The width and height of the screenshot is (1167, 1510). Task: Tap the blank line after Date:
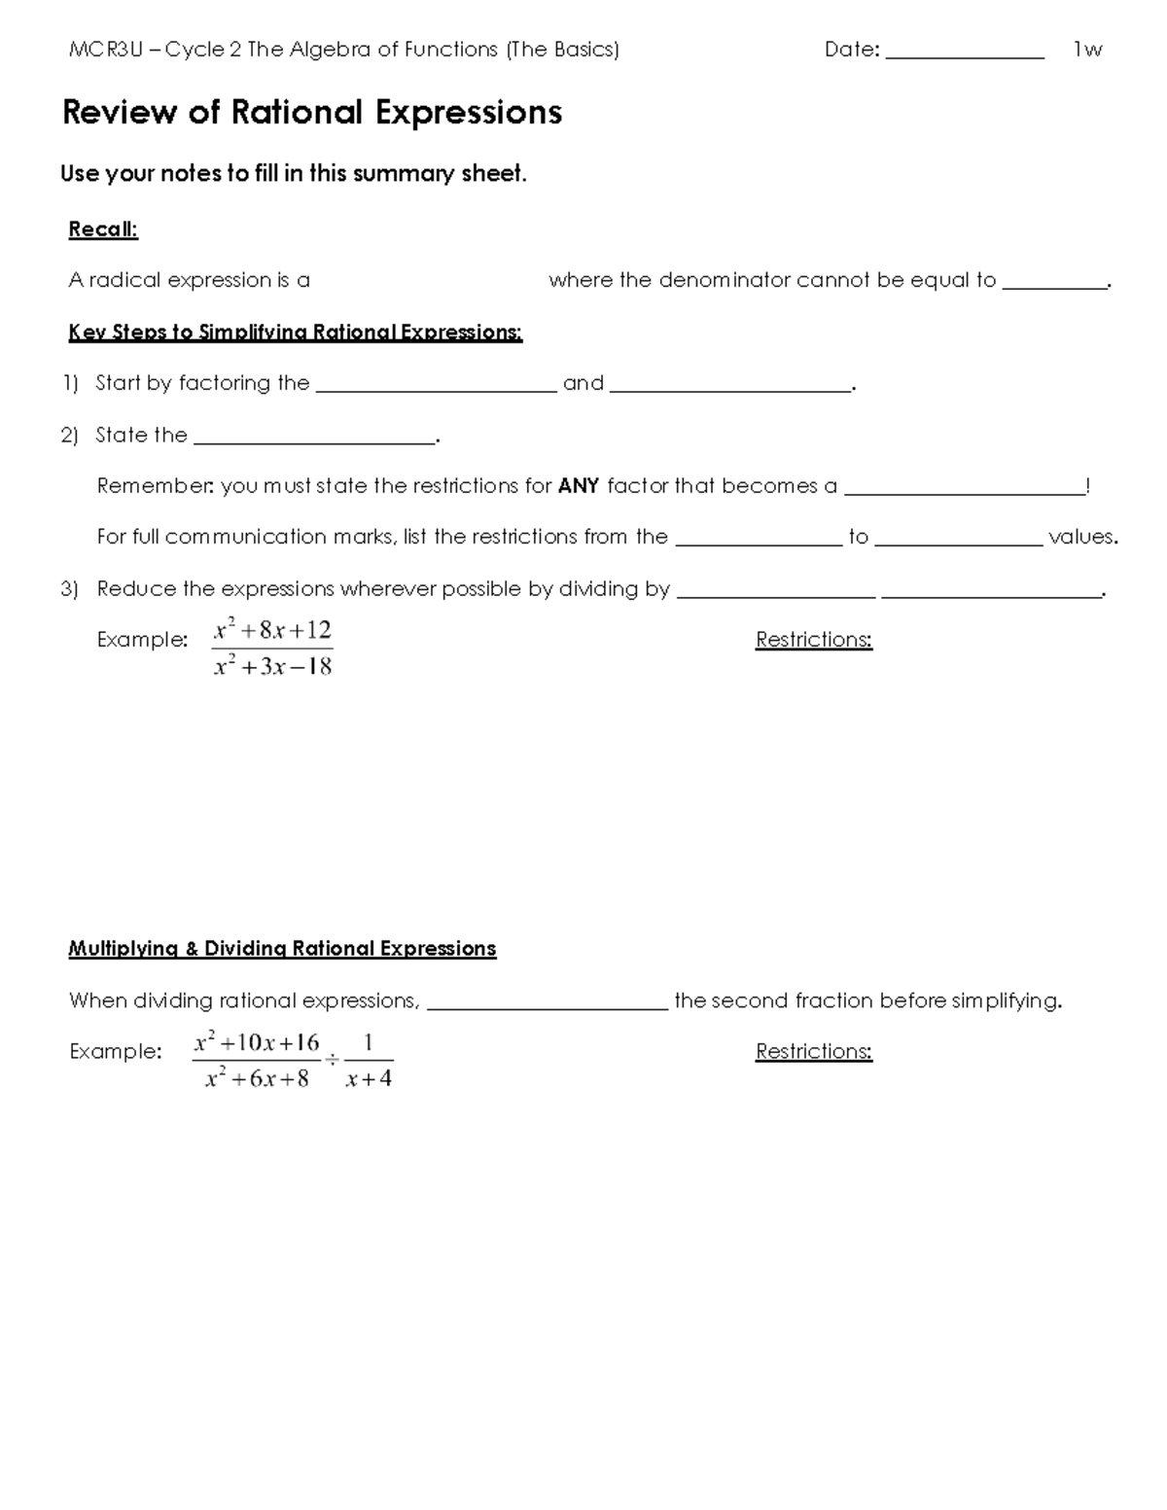[964, 54]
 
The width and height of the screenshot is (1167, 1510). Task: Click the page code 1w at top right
[1087, 50]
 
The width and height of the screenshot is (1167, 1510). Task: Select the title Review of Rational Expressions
[312, 113]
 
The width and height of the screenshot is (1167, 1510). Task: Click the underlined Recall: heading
[103, 229]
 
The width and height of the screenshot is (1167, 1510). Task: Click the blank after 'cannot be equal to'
[1054, 285]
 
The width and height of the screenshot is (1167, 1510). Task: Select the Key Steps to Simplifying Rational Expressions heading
[296, 333]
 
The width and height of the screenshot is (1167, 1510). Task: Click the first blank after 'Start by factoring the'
[437, 387]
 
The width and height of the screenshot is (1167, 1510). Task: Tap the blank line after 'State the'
[314, 439]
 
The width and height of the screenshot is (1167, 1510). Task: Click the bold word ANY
[579, 486]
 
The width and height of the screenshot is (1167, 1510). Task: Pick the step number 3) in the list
[69, 589]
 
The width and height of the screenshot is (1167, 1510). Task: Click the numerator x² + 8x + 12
[272, 630]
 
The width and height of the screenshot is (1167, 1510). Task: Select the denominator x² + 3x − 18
[272, 667]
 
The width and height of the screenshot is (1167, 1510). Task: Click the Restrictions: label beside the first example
[814, 640]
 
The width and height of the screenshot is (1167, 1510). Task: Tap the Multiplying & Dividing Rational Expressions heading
[282, 949]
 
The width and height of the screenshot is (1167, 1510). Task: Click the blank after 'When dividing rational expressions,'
[547, 1006]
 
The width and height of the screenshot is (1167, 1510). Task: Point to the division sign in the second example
[332, 1060]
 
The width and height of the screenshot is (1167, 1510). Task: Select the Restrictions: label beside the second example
[814, 1052]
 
